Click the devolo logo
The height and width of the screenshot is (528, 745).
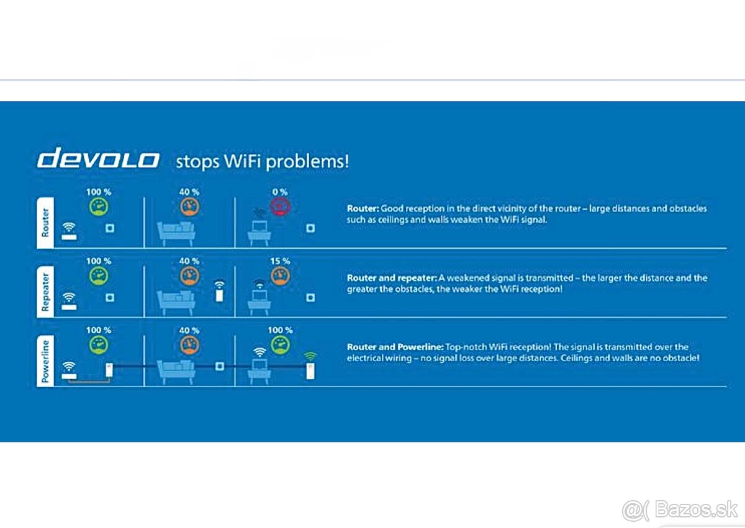[x=98, y=159]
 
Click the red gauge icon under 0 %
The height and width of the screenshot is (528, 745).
[x=280, y=207]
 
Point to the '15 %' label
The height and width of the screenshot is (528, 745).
[x=279, y=261]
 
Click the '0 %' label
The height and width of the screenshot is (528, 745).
[x=279, y=192]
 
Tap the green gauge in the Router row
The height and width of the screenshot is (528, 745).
[x=98, y=207]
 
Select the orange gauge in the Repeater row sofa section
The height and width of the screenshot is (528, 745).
[x=189, y=276]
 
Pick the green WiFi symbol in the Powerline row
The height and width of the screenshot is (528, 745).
[x=310, y=356]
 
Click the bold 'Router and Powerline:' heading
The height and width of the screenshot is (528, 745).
[x=394, y=347]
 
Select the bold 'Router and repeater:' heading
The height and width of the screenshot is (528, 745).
[x=392, y=278]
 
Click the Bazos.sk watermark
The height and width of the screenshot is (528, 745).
[x=679, y=509]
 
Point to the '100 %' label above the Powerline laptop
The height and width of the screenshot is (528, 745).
[x=279, y=330]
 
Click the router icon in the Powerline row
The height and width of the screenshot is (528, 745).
[x=69, y=369]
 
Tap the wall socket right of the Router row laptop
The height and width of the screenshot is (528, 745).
[x=310, y=228]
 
